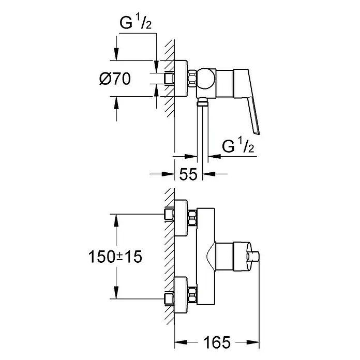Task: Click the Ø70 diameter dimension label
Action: point(115,79)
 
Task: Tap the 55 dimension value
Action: point(188,174)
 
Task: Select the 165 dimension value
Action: point(217,342)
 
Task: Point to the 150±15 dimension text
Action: point(115,257)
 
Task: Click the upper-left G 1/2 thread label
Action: point(136,23)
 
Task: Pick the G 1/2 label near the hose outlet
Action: point(238,145)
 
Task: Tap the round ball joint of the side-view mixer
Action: point(206,79)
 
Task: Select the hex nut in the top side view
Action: point(192,78)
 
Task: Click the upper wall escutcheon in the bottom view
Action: point(181,218)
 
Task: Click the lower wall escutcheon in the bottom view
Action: point(181,295)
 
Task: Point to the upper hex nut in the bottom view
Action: point(192,218)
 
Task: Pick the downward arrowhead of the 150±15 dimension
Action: point(116,293)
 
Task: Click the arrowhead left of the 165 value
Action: point(181,342)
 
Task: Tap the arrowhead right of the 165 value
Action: point(253,342)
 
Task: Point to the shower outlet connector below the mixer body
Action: point(203,101)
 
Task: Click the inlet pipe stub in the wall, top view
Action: point(169,79)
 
